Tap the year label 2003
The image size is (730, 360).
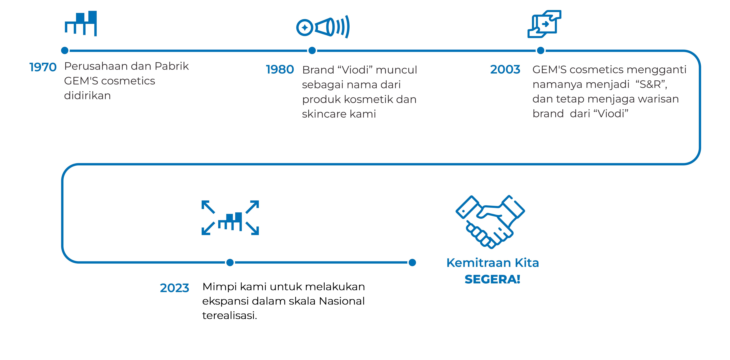coord(505,69)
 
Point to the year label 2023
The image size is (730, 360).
coord(175,288)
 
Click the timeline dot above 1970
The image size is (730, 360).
coord(65,50)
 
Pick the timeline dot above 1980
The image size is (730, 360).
coord(312,50)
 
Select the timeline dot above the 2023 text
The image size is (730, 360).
coord(230,263)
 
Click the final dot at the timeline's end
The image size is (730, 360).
coord(412,263)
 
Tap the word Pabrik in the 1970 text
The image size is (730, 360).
coord(172,66)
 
